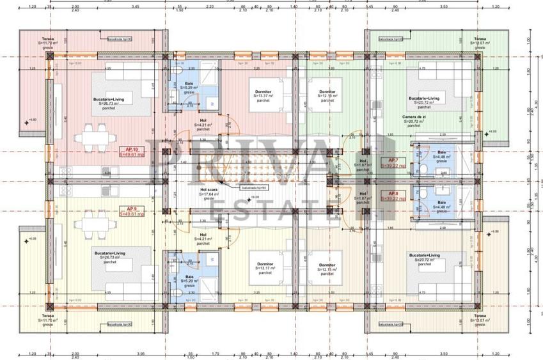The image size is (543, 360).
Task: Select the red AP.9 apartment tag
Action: (x=132, y=211)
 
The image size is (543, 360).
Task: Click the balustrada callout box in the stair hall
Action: (x=253, y=188)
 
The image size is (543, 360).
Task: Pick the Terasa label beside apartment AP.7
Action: (x=480, y=38)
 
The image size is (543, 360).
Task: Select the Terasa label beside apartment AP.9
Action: (x=49, y=316)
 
